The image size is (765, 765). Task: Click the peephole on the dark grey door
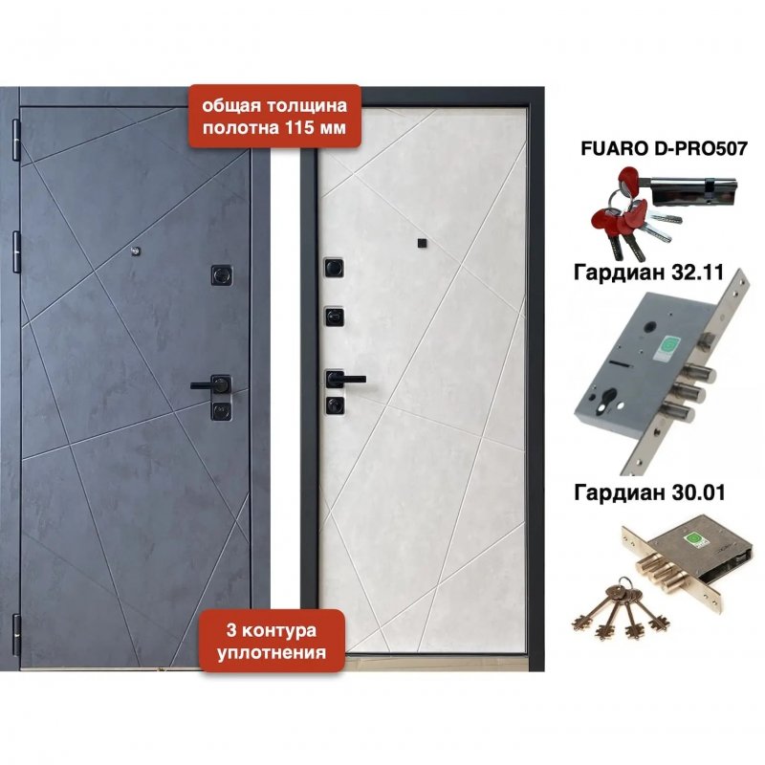[x=135, y=251]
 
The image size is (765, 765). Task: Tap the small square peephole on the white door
[x=422, y=244]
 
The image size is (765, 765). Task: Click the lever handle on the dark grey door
[x=210, y=385]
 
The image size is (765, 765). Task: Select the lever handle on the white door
[x=345, y=379]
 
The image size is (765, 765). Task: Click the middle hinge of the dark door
[x=16, y=251]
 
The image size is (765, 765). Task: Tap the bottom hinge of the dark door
[x=16, y=633]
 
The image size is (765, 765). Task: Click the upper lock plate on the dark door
[x=222, y=275]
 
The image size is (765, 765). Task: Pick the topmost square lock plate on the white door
[x=335, y=268]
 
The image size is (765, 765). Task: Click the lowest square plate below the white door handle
[x=335, y=404]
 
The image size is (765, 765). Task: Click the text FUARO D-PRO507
[x=664, y=149]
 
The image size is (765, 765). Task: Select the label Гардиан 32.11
[x=648, y=273]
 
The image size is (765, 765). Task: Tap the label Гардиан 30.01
[x=649, y=492]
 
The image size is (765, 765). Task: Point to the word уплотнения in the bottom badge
[x=272, y=652]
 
